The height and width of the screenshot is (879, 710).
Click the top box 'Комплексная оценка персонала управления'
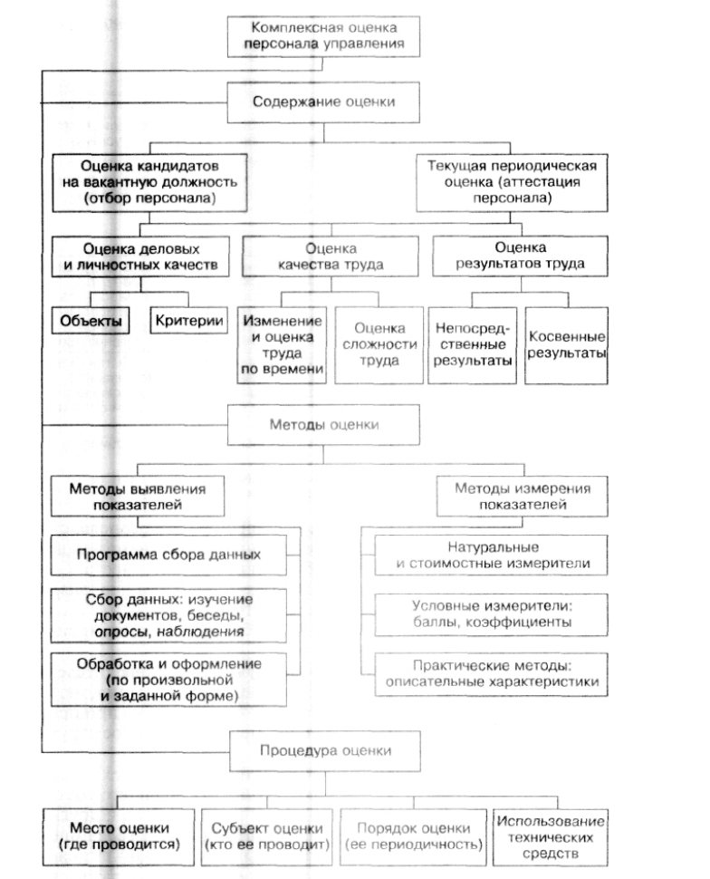click(x=323, y=36)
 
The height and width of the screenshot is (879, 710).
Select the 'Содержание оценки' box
click(x=323, y=102)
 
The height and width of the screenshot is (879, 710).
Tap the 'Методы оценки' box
click(x=323, y=424)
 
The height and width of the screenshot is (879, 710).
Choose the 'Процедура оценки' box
click(x=325, y=750)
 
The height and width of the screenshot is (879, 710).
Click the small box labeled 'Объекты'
click(x=91, y=321)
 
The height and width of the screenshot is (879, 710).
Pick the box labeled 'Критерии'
click(x=189, y=320)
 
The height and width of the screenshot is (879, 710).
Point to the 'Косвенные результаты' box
click(x=566, y=344)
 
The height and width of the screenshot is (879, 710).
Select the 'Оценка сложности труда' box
click(x=379, y=344)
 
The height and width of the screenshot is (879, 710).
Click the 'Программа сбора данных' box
click(x=168, y=555)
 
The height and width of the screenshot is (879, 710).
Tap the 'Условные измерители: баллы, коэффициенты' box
click(x=491, y=614)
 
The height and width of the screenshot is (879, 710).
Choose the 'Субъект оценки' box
click(x=267, y=837)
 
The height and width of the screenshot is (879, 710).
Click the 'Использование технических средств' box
click(x=551, y=837)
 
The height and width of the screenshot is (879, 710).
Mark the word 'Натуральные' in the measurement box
click(x=494, y=547)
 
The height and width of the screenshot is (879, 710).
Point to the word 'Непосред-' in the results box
click(x=473, y=329)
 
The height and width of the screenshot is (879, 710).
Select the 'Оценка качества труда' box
click(x=330, y=256)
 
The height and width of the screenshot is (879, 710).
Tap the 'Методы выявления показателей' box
click(x=138, y=496)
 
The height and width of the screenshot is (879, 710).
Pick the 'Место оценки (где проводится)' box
click(x=119, y=837)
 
